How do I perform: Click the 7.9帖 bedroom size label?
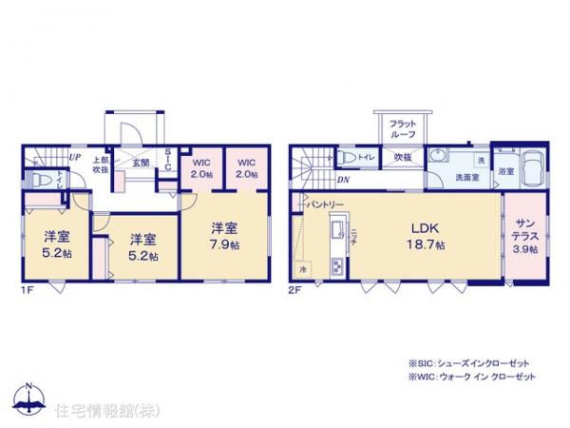click(223, 243)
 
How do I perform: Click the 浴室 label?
click(505, 171)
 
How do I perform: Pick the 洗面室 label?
click(465, 177)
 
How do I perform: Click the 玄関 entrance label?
click(141, 164)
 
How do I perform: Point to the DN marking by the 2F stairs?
click(341, 181)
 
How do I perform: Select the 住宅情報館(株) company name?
click(93, 410)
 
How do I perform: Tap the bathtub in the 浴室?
click(531, 170)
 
